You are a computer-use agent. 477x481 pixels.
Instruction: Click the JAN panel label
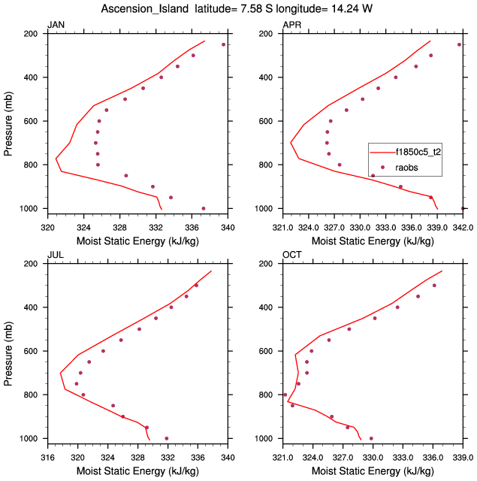tap(56, 25)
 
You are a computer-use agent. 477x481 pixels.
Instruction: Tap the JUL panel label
tap(56, 255)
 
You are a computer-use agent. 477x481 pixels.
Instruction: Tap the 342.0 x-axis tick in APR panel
tap(462, 226)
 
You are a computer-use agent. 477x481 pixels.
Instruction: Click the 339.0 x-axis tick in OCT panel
tap(462, 456)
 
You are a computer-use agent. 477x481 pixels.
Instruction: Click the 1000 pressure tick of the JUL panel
tap(29, 438)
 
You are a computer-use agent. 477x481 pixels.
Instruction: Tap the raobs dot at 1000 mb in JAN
tap(204, 208)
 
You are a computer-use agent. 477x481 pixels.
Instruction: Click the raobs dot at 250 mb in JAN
tap(223, 44)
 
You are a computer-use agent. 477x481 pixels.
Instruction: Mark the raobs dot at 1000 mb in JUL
tap(167, 438)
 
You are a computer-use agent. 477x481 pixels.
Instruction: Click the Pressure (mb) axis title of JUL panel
tap(9, 351)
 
